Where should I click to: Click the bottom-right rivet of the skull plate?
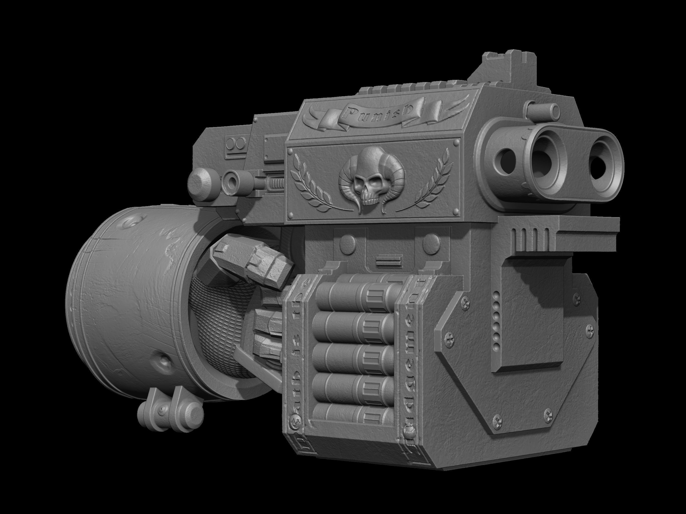pos(455,211)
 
